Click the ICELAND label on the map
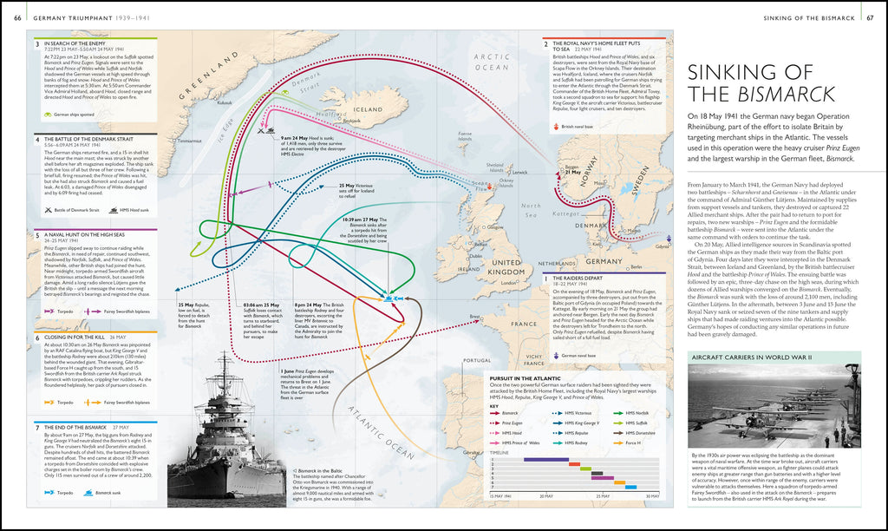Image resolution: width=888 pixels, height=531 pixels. coord(363,110)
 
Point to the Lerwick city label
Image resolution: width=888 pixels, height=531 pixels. coord(520,172)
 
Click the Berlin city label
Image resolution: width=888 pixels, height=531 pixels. coord(635,267)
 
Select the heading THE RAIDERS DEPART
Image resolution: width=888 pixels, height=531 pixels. coord(580,279)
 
